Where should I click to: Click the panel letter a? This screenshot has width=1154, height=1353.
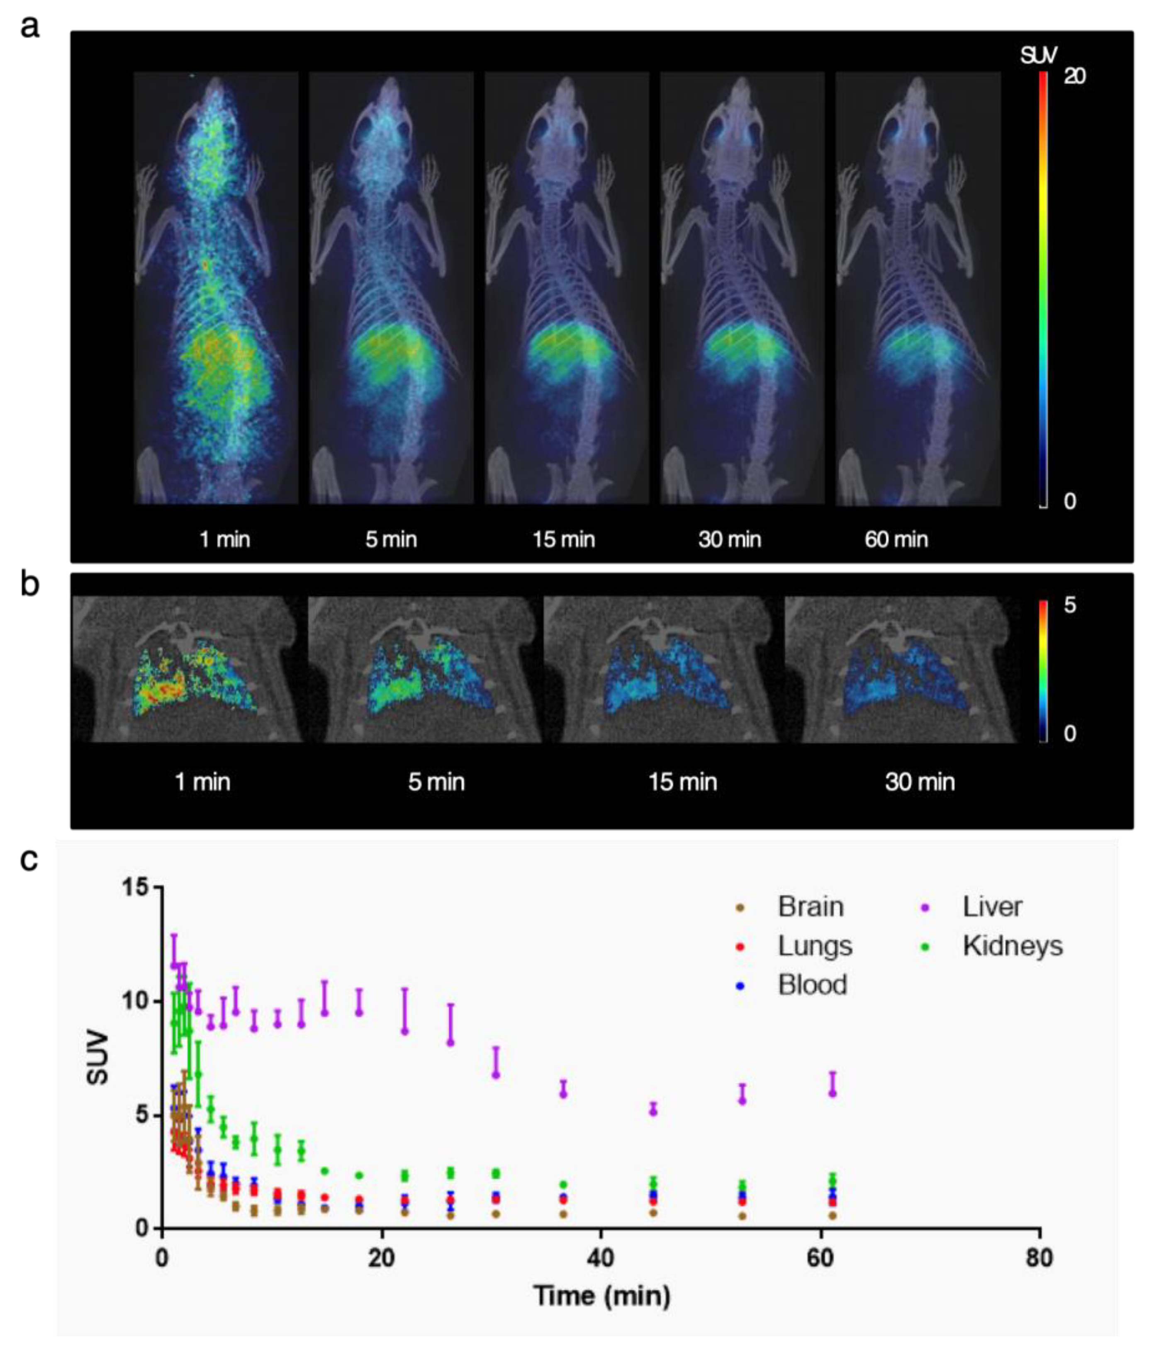pyautogui.click(x=29, y=27)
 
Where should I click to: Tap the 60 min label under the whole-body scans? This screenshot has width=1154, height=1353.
pyautogui.click(x=896, y=539)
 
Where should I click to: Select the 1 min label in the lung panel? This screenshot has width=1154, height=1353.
pyautogui.click(x=202, y=782)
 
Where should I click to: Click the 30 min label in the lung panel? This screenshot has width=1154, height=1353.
pyautogui.click(x=920, y=782)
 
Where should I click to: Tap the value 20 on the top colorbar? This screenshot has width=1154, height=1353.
pyautogui.click(x=1074, y=76)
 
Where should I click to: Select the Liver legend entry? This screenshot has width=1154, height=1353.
pyautogui.click(x=991, y=907)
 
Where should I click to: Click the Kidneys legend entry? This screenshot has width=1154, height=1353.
pyautogui.click(x=1012, y=945)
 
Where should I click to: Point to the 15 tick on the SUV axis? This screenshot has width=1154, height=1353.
pyautogui.click(x=135, y=887)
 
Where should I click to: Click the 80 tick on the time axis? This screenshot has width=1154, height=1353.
pyautogui.click(x=1040, y=1258)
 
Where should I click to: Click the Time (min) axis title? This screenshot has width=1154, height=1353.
pyautogui.click(x=601, y=1295)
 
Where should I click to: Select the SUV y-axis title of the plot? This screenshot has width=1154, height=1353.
pyautogui.click(x=98, y=1057)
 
